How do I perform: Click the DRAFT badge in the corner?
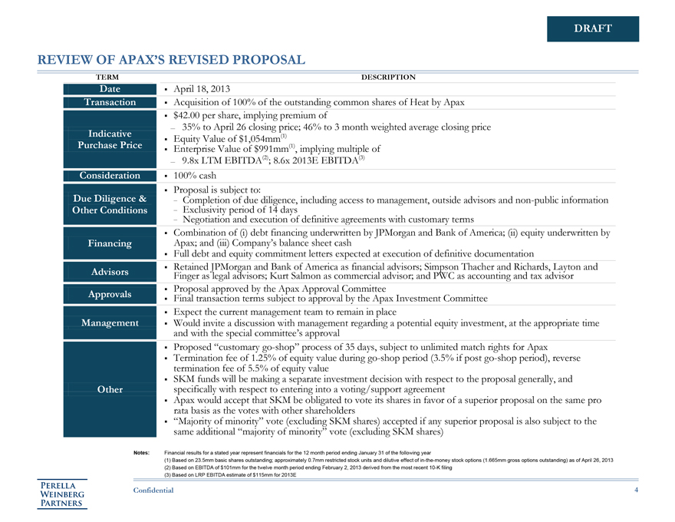click(x=593, y=29)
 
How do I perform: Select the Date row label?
click(x=110, y=89)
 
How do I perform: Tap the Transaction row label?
click(x=110, y=102)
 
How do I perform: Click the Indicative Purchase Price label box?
click(x=110, y=139)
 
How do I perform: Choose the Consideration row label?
click(x=110, y=175)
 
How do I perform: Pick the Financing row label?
click(x=110, y=243)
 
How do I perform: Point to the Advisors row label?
click(x=110, y=272)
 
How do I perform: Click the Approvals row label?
click(x=110, y=294)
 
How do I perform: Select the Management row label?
click(x=110, y=323)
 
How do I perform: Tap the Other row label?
click(x=110, y=389)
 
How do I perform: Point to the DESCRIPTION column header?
click(x=388, y=77)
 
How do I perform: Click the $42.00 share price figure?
click(x=192, y=114)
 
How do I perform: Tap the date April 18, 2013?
click(x=208, y=90)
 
